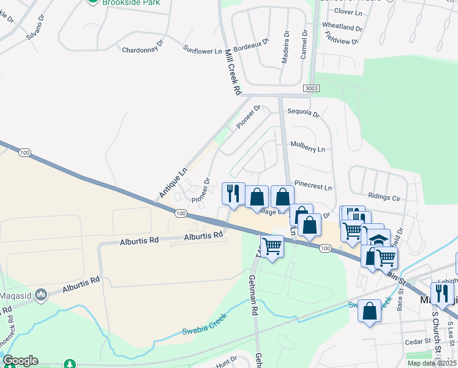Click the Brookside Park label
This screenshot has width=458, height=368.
[131, 2]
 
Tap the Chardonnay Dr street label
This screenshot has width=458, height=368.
[143, 50]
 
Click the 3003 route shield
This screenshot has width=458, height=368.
[311, 89]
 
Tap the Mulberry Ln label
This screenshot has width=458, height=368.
[308, 148]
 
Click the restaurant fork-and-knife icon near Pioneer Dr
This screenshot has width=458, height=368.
[233, 194]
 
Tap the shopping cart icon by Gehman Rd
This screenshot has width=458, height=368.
[272, 246]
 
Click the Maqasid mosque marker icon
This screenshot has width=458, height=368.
[41, 295]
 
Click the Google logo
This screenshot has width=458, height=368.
[20, 361]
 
